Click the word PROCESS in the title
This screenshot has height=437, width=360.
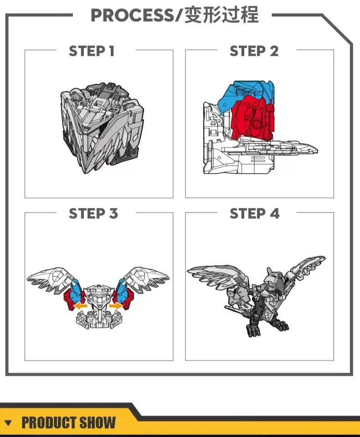click(132, 15)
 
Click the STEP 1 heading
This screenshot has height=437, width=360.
click(92, 51)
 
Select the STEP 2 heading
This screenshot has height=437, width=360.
click(254, 51)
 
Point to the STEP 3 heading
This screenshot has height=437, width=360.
click(93, 213)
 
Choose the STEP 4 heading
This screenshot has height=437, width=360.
click(255, 213)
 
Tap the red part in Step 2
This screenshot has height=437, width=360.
click(252, 117)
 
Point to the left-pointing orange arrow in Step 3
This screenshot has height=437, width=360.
click(80, 306)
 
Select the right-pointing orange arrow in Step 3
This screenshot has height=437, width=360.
click(116, 306)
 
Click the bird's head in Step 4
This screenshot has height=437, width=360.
click(275, 283)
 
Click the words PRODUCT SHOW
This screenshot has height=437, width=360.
click(69, 422)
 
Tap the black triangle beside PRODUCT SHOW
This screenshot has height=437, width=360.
click(8, 423)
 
